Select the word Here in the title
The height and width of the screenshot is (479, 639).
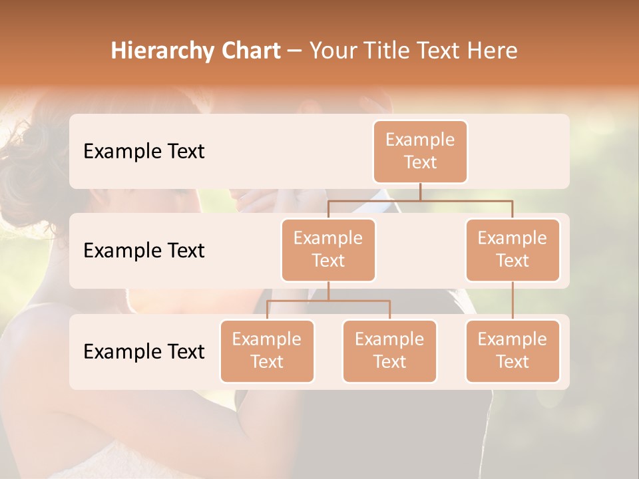pos(493,51)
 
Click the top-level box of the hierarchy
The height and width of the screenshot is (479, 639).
pos(420,151)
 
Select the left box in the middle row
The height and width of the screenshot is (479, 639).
pos(328,249)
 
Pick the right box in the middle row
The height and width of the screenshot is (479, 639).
pos(512,249)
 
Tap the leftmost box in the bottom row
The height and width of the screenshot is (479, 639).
pos(267,351)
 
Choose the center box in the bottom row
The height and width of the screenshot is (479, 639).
pos(389,351)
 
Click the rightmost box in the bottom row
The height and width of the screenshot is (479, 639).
pos(512,351)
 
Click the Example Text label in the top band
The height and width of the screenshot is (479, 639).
pos(144,152)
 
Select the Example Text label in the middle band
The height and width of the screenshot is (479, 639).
pos(144,251)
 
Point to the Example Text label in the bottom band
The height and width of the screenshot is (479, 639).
pos(144,351)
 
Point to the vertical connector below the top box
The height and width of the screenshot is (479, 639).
pos(420,192)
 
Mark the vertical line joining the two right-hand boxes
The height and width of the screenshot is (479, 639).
pos(512,301)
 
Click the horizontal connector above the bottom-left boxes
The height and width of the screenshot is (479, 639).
pos(328,301)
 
